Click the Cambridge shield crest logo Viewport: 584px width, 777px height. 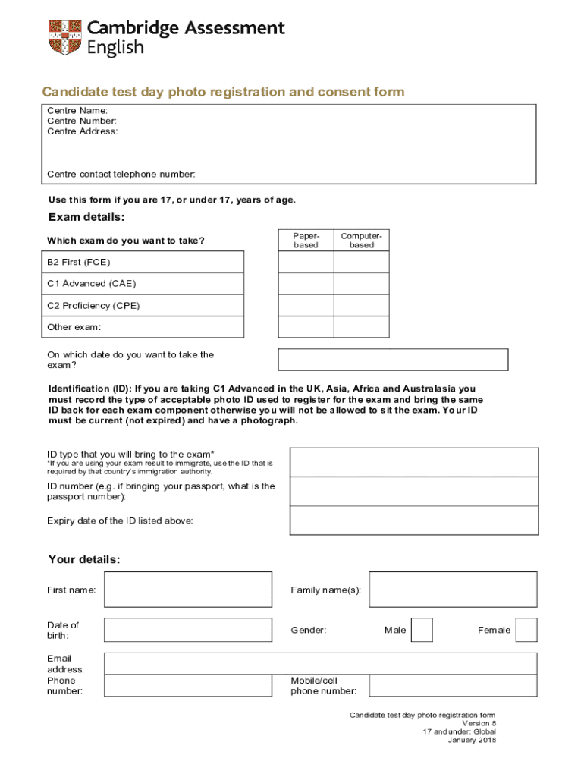pyautogui.click(x=64, y=37)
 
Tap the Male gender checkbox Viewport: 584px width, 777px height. pyautogui.click(x=422, y=630)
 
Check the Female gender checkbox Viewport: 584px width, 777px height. pyautogui.click(x=526, y=630)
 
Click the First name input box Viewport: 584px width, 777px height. pyautogui.click(x=188, y=590)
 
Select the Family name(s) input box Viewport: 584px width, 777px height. pyautogui.click(x=453, y=590)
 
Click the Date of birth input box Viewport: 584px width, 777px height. pyautogui.click(x=188, y=630)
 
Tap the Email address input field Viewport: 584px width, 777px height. pyautogui.click(x=320, y=664)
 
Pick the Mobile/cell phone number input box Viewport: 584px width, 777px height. pyautogui.click(x=453, y=686)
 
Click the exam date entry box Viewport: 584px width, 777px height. pyautogui.click(x=393, y=360)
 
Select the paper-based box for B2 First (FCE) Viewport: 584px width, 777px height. pyautogui.click(x=306, y=262)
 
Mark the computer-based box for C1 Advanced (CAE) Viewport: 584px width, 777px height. pyautogui.click(x=362, y=284)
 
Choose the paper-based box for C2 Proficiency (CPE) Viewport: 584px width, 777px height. pyautogui.click(x=306, y=305)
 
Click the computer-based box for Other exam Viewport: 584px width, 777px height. pyautogui.click(x=362, y=327)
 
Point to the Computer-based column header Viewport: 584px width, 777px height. pyautogui.click(x=362, y=241)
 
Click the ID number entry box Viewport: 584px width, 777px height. pyautogui.click(x=414, y=491)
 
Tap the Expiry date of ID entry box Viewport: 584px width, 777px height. pyautogui.click(x=414, y=521)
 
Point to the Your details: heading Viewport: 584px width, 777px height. pyautogui.click(x=84, y=560)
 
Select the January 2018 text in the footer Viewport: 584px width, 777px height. pyautogui.click(x=472, y=741)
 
